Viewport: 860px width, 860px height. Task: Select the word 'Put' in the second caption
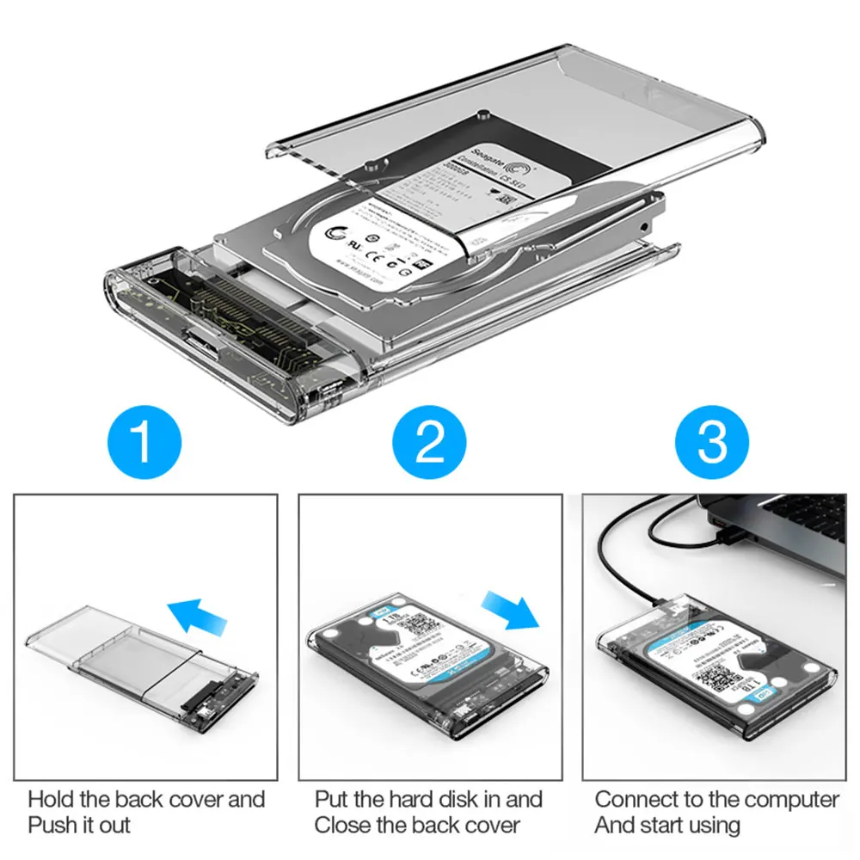[332, 800]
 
